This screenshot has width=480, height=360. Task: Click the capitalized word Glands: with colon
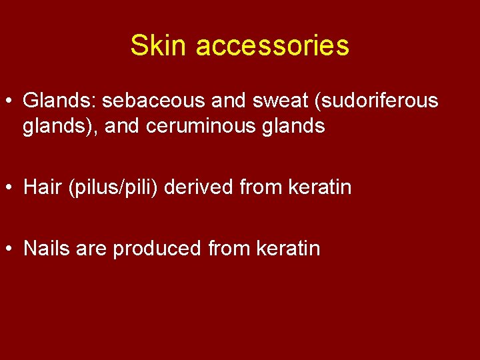coord(59,101)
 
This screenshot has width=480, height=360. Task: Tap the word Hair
coord(41,187)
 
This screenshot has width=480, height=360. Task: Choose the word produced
coord(157,249)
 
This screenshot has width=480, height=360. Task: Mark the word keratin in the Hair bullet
coord(320,187)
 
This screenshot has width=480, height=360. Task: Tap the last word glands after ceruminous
coord(295,127)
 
